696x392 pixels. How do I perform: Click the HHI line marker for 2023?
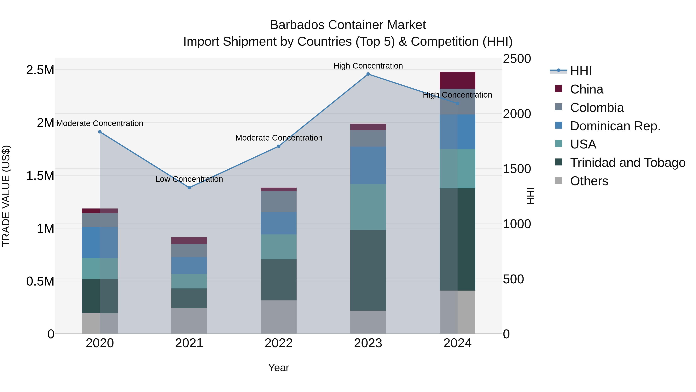[368, 74]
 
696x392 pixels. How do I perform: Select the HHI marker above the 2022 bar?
[279, 146]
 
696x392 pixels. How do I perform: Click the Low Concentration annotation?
[189, 179]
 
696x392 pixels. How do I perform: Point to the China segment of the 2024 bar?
[457, 80]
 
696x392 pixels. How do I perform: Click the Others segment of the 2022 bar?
[279, 317]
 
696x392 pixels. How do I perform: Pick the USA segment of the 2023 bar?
[368, 207]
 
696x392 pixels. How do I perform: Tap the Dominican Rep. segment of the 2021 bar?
[189, 265]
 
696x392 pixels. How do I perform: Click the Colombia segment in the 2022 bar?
[279, 202]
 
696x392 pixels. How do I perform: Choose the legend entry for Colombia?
[597, 108]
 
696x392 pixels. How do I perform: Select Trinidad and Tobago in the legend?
[627, 163]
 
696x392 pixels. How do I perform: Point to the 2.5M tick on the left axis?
[40, 70]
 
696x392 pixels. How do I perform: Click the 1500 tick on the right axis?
[517, 169]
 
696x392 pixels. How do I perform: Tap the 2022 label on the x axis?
[279, 343]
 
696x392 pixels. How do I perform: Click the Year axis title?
[279, 368]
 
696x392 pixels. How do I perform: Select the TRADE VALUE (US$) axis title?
[6, 196]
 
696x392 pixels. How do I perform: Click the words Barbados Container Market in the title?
[348, 25]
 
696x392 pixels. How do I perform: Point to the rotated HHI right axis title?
[531, 196]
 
